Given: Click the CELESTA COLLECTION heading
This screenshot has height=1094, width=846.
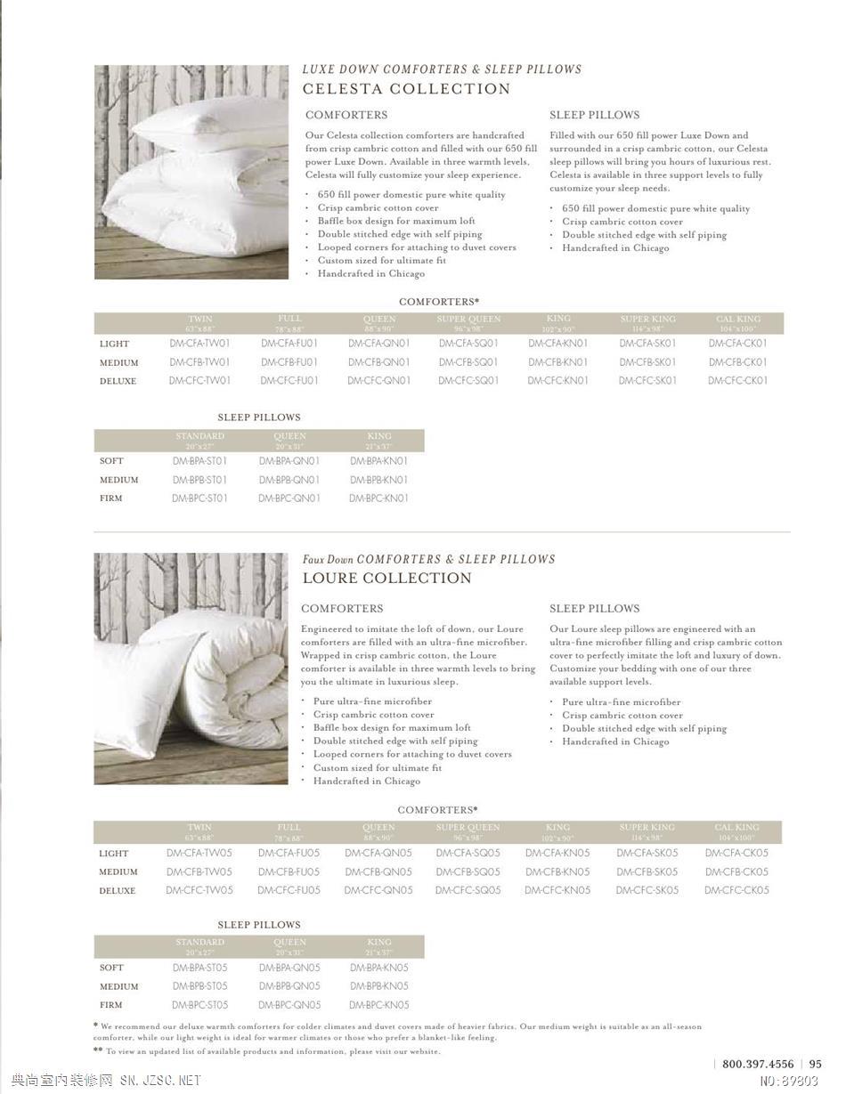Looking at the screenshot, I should (x=406, y=89).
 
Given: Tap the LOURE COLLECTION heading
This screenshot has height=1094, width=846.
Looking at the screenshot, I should (x=386, y=579).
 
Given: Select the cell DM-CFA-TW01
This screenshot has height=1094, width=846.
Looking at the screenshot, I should (x=199, y=344).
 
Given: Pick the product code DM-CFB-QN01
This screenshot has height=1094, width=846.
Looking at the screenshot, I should (x=378, y=362).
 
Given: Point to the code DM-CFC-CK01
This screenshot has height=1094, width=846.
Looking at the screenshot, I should (x=737, y=381).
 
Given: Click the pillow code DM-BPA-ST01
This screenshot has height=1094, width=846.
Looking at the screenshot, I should (x=199, y=461).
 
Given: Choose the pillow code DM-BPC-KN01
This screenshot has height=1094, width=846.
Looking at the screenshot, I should (x=378, y=498).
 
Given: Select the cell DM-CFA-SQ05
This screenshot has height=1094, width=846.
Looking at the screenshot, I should (x=468, y=853).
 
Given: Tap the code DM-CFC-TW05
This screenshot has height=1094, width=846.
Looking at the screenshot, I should (x=199, y=890).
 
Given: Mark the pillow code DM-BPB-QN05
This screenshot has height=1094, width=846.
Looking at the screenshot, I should (x=289, y=986).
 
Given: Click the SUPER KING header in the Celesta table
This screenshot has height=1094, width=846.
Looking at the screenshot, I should (x=647, y=319).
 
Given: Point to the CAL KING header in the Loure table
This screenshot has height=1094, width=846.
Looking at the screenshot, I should (x=736, y=828).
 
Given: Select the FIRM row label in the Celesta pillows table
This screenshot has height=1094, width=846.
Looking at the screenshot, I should (x=111, y=498).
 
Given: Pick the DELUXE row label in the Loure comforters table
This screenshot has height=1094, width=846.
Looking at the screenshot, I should (x=118, y=891).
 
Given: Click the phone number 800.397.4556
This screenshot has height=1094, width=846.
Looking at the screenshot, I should (x=758, y=1064).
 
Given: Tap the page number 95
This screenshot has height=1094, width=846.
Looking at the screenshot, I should (x=816, y=1064).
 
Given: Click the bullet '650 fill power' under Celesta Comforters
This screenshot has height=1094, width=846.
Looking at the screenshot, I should (x=411, y=195).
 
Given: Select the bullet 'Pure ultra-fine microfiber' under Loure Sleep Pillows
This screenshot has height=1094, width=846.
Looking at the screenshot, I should (x=621, y=702).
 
